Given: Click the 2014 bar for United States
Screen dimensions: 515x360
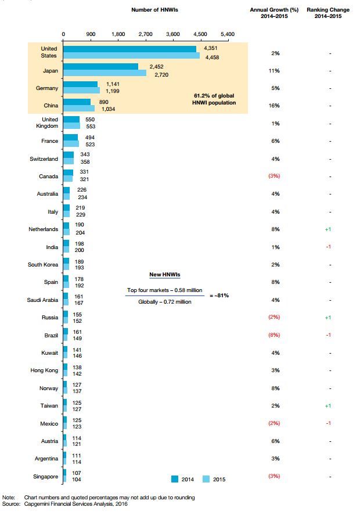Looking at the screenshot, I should tap(129, 49).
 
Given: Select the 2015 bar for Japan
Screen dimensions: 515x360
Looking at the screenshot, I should tap(105, 73).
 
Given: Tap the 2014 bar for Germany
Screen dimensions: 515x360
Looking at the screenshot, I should tap(80, 84).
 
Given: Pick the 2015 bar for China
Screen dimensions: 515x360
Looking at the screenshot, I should tap(78, 108).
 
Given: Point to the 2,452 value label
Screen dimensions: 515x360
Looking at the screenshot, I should tap(157, 67).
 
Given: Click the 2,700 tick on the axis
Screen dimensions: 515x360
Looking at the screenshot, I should tap(145, 34).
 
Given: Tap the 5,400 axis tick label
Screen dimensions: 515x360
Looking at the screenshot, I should tap(227, 34).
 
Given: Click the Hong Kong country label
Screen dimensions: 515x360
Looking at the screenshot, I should tap(44, 370).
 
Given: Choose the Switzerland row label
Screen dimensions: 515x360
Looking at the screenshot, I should tap(44, 159).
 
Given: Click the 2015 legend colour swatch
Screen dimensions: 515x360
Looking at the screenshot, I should tap(206, 479).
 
